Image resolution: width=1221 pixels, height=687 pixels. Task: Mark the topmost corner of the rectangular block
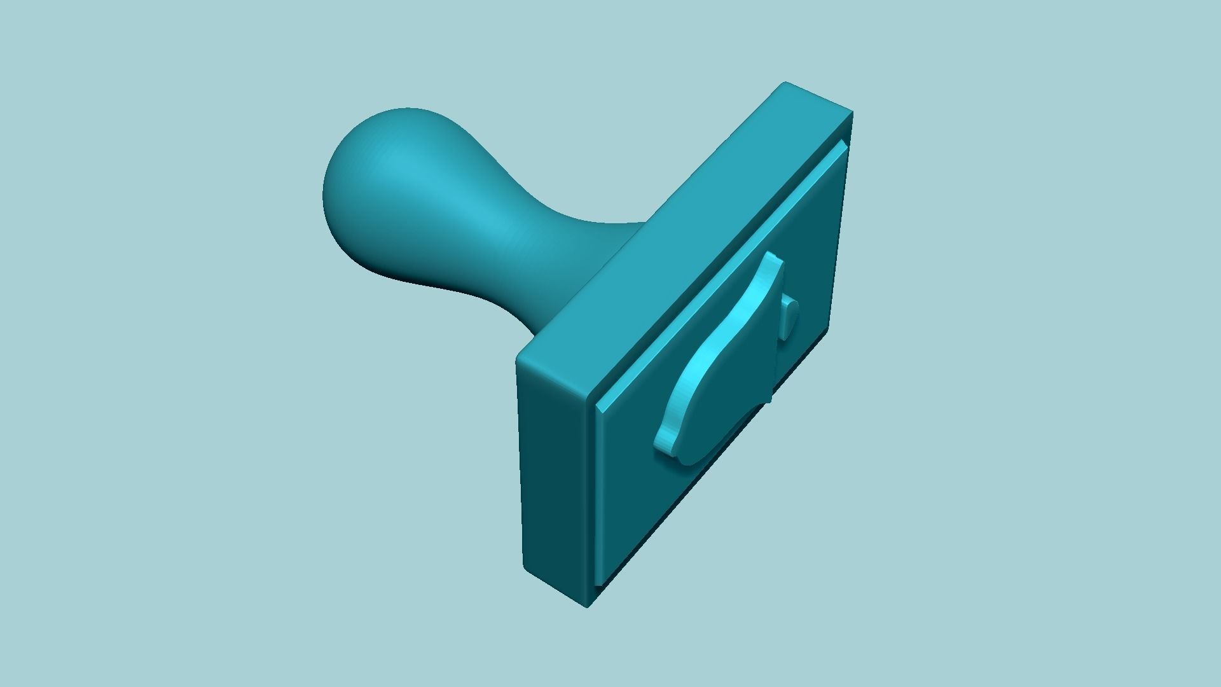point(786,83)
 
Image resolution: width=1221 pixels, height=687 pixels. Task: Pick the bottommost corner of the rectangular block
point(588,606)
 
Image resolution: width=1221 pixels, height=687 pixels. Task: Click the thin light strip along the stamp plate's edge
point(719,274)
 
